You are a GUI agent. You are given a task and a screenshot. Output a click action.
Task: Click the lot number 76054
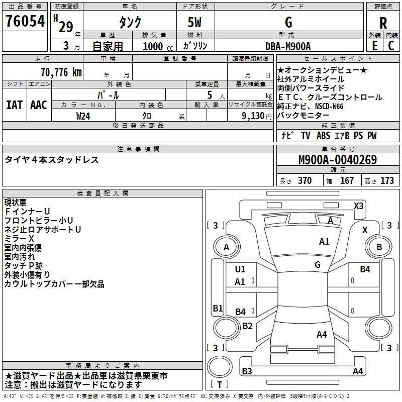point(25,21)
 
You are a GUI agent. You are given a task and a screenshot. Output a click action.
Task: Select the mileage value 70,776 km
point(61,72)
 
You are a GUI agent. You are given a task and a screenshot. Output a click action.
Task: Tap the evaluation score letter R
point(383,23)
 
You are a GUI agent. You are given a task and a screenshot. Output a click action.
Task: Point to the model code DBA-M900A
point(288,46)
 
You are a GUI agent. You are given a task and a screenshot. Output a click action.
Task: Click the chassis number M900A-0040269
point(338,160)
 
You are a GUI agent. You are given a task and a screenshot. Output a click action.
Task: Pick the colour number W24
point(83,116)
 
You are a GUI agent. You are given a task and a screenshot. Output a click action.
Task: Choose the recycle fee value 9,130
point(253,116)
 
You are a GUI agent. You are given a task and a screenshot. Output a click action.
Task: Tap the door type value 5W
point(194,22)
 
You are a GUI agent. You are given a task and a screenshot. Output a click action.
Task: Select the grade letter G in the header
point(288,22)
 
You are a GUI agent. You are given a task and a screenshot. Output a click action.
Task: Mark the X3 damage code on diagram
point(358,206)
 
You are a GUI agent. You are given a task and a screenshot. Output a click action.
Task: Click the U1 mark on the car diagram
point(240,269)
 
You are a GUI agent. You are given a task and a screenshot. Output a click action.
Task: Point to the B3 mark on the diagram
point(247,371)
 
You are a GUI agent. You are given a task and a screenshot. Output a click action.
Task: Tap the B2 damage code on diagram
point(247,326)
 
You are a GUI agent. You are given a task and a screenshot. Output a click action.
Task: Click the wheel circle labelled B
point(379,247)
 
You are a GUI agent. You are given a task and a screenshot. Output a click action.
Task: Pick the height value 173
point(387,181)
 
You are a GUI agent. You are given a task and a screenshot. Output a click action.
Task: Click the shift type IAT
point(15,105)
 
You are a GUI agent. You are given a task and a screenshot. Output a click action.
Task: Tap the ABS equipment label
point(323,136)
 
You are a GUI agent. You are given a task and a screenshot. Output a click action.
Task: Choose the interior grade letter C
point(391,46)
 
